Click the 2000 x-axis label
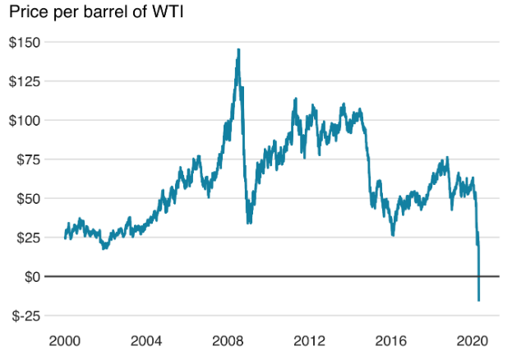tap(65, 341)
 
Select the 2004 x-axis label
tap(146, 341)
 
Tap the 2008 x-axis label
tap(228, 341)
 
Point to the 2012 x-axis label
tap(310, 341)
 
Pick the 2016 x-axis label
tap(391, 341)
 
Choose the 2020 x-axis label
tap(473, 341)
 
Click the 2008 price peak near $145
tap(238, 49)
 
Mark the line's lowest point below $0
tap(478, 301)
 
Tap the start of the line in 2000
tap(65, 238)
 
